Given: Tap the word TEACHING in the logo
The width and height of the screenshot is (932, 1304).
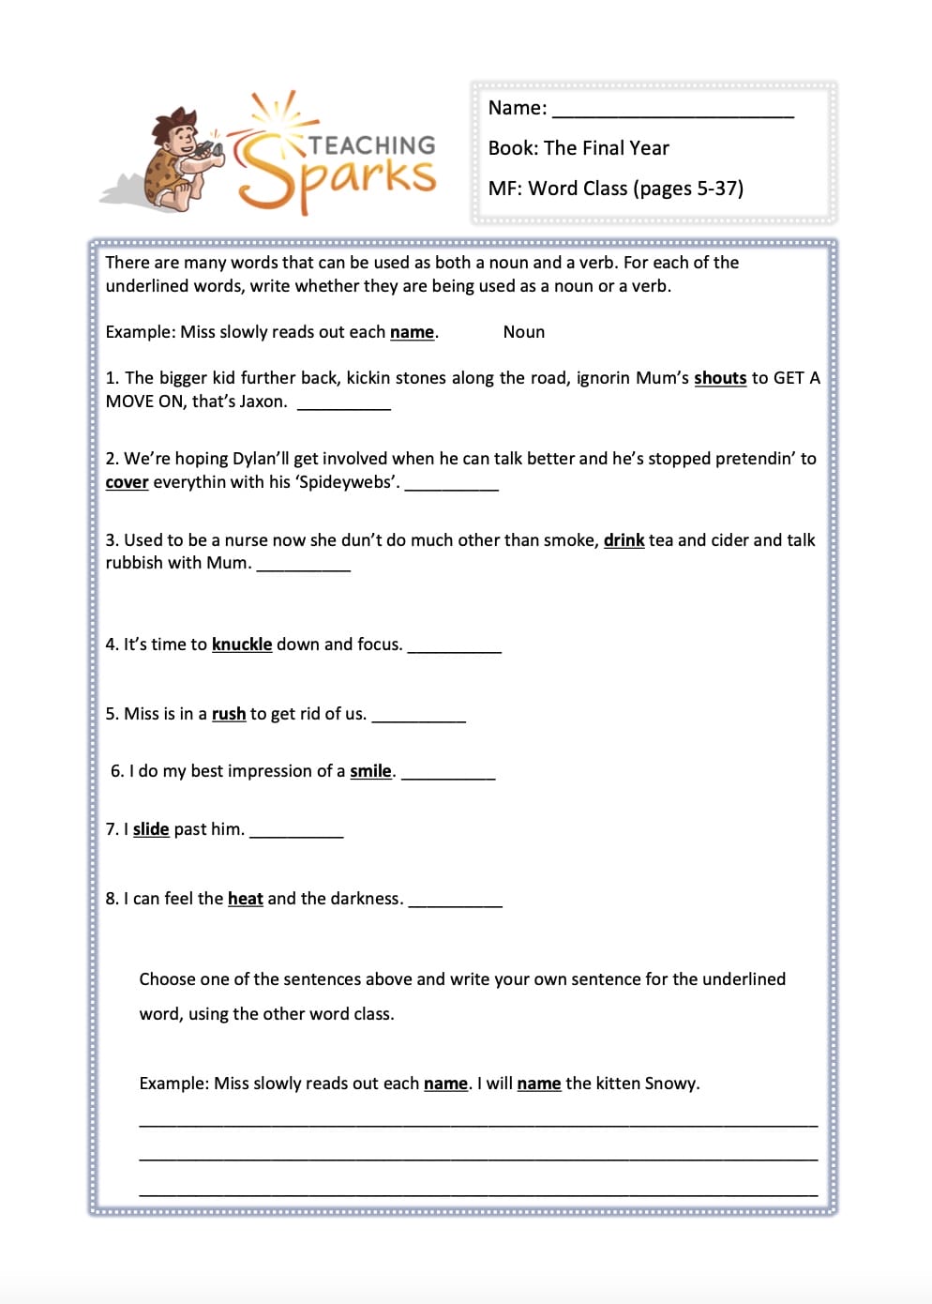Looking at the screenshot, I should tap(372, 145).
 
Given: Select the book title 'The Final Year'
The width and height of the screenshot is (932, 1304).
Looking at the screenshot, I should tap(606, 148).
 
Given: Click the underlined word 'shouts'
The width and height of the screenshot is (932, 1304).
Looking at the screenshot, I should tap(720, 378).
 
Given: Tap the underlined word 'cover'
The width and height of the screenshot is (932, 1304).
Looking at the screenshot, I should tap(127, 482).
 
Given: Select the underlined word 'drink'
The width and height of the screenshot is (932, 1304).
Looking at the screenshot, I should tap(624, 540).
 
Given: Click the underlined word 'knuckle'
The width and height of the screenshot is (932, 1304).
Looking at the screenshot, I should tap(242, 644).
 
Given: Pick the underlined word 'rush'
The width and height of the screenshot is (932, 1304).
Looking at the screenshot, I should tap(229, 714).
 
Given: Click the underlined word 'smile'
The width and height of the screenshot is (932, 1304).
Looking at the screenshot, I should tap(370, 771).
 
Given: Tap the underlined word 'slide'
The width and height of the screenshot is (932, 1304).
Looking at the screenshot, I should tap(151, 829).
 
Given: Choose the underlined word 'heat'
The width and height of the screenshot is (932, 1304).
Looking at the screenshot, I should tap(246, 899).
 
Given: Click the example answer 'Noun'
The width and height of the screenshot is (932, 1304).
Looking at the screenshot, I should tap(523, 332).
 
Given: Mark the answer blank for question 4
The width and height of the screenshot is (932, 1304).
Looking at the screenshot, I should tap(455, 648).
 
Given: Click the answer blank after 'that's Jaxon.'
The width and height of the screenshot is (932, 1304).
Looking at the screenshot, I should tap(343, 405).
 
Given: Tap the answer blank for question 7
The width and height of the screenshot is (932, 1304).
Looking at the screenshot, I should tap(296, 833).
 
